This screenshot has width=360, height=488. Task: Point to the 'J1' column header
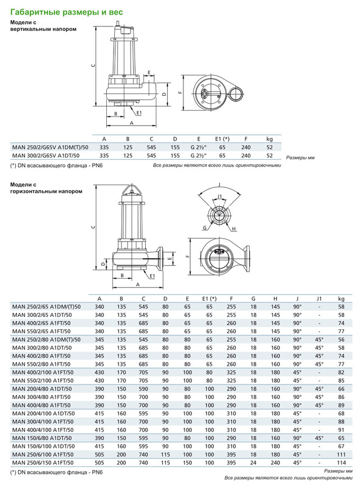click(319, 298)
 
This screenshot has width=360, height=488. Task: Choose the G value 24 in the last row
click(253, 463)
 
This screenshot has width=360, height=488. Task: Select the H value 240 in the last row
click(275, 463)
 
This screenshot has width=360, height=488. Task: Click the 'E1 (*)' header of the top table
click(223, 138)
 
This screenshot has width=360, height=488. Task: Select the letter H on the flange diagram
click(233, 229)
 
